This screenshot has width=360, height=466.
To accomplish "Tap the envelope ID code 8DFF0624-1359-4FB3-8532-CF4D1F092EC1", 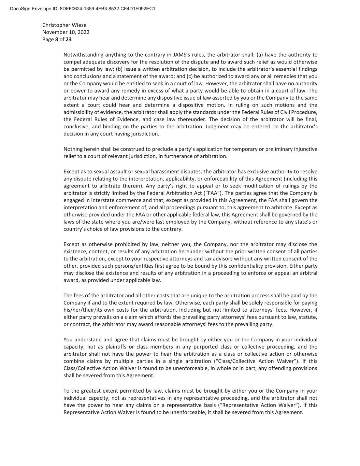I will tap(107, 9).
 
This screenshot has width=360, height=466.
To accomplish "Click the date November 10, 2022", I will tap(66, 32).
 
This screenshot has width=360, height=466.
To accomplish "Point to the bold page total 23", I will tap(69, 39).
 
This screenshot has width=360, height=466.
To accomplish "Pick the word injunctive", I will tap(305, 149).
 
